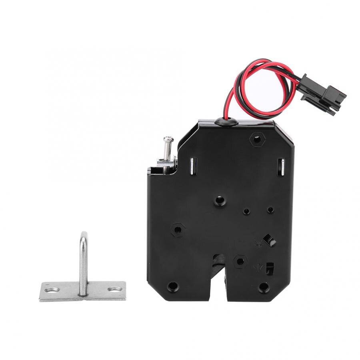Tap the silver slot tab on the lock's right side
click(x=281, y=167)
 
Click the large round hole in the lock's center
click(x=219, y=200)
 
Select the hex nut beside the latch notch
click(x=240, y=261)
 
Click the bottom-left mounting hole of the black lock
click(x=172, y=286)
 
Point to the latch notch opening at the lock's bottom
click(x=218, y=276)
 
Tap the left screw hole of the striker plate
click(x=51, y=289)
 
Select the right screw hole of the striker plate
click(x=115, y=288)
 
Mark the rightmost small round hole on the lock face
click(x=271, y=210)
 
